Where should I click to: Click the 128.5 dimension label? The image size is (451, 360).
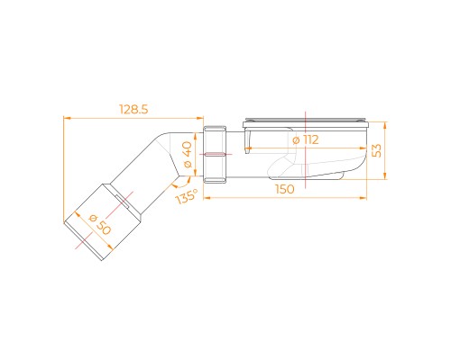[x=133, y=110]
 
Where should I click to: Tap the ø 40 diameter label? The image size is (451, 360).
[x=187, y=155]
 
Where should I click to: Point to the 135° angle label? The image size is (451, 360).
[x=187, y=196]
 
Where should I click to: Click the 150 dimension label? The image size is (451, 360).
[x=285, y=189]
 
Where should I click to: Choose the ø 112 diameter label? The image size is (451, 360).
[x=306, y=139]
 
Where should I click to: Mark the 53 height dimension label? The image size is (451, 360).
[x=376, y=150]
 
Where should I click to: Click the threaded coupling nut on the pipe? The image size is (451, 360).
[x=215, y=155]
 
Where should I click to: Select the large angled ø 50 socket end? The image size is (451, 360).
[x=103, y=222]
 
